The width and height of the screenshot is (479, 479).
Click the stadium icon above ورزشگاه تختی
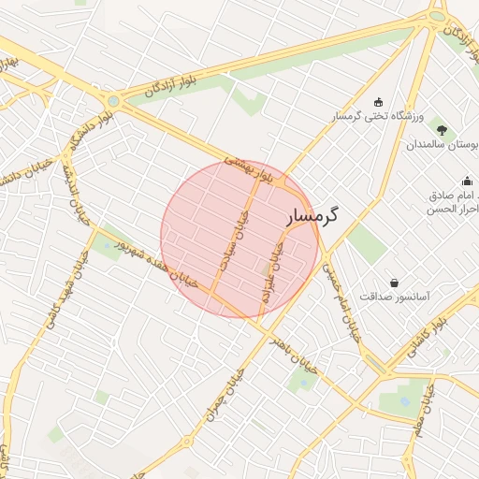pyautogui.click(x=378, y=102)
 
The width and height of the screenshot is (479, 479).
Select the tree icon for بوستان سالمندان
pyautogui.click(x=442, y=130)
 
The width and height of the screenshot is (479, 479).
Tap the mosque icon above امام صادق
pyautogui.click(x=467, y=181)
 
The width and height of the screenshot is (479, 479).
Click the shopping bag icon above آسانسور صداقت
pyautogui.click(x=394, y=282)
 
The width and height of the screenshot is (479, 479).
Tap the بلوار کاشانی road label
pyautogui.click(x=426, y=338)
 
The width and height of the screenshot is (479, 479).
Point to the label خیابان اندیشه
pyautogui.click(x=74, y=194)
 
